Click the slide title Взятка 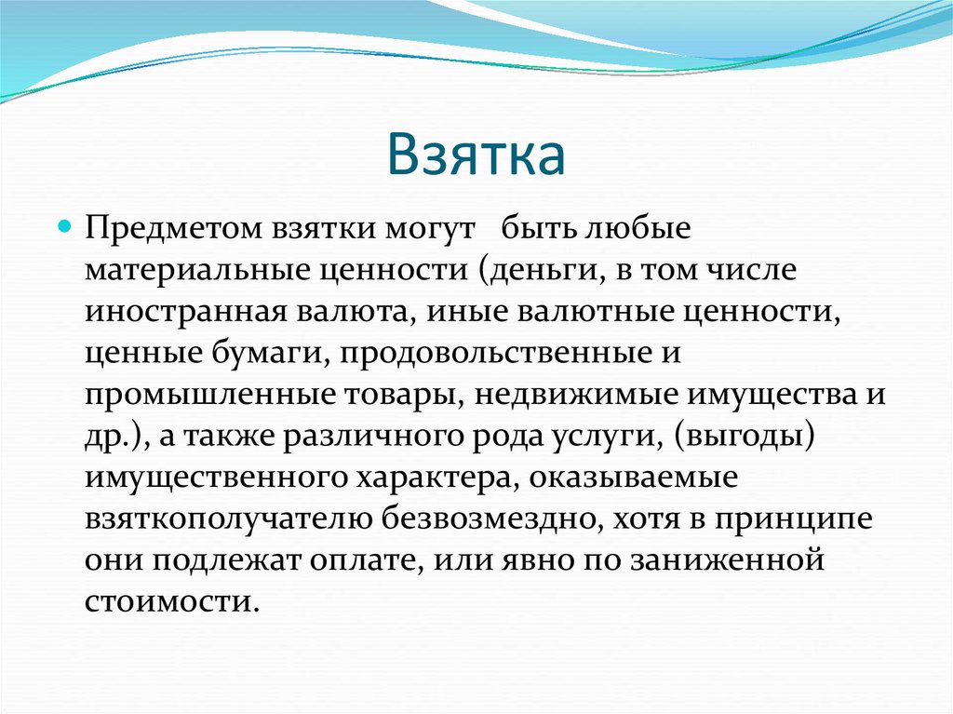coord(476,155)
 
